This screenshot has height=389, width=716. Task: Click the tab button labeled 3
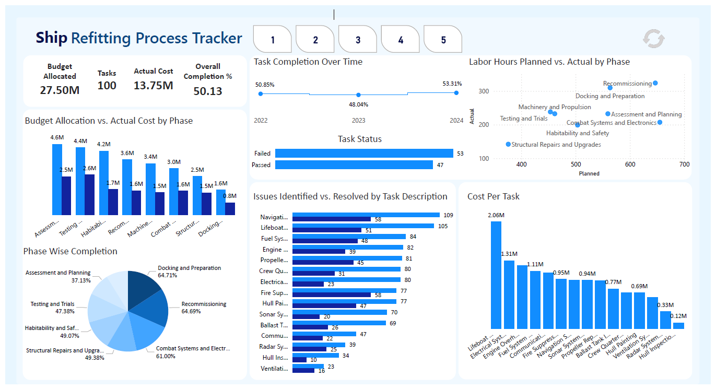pos(358,40)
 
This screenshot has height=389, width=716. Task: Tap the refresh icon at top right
pos(653,39)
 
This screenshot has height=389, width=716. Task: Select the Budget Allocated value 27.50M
pos(60,90)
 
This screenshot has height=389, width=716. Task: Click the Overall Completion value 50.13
pos(207,91)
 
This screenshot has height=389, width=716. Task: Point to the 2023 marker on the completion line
pos(358,95)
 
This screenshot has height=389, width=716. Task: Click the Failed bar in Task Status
pos(364,154)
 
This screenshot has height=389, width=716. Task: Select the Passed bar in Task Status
pos(354,165)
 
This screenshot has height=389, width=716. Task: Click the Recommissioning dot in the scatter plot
pos(655,83)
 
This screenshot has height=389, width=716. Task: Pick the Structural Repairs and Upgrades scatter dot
pos(508,145)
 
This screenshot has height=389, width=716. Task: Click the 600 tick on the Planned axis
pos(630,164)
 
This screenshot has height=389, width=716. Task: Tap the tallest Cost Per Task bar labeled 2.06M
pos(496,275)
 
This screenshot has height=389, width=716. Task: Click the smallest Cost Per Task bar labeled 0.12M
pos(678,325)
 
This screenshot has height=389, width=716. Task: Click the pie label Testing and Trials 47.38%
pos(52,308)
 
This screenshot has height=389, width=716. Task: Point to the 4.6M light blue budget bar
pos(57,179)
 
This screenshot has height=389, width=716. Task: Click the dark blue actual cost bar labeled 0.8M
pos(230,209)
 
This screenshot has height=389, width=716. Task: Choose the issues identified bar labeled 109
pos(366,215)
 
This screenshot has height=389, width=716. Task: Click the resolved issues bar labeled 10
pos(299,360)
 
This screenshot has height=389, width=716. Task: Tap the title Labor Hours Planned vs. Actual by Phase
pos(549,62)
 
